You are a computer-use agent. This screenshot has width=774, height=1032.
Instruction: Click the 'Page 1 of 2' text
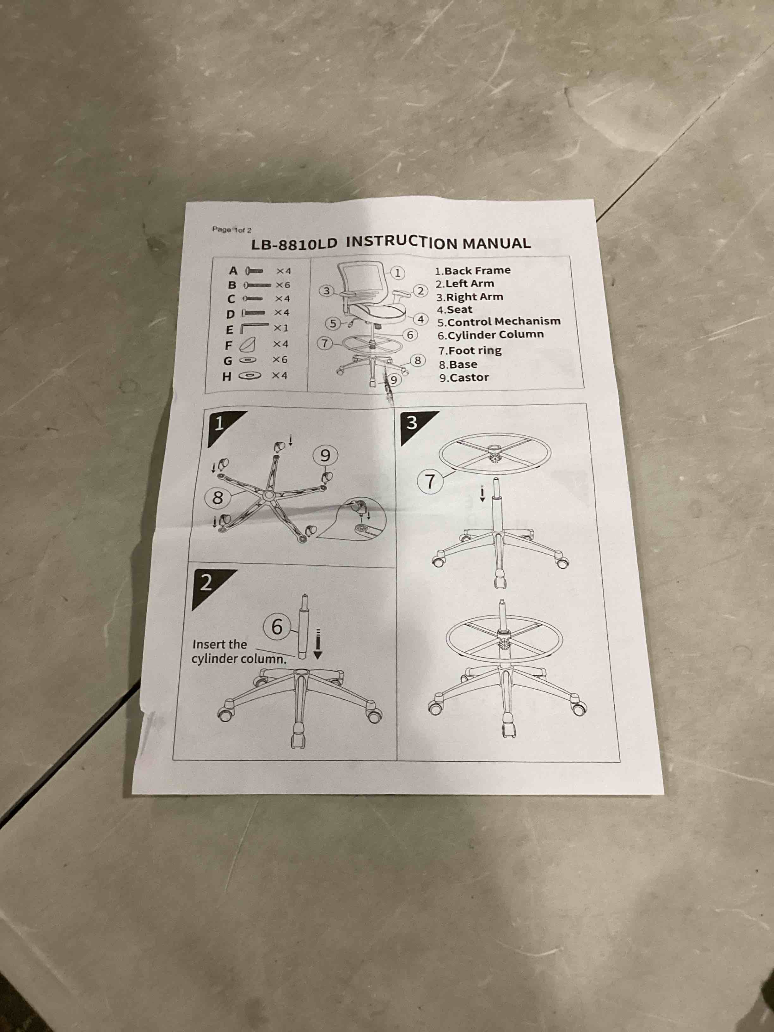pyautogui.click(x=232, y=230)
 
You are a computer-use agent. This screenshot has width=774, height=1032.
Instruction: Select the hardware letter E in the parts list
pyautogui.click(x=229, y=330)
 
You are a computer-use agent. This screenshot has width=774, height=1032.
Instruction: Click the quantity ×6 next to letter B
pyautogui.click(x=283, y=285)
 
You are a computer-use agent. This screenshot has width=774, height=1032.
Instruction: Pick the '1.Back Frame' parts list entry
pyautogui.click(x=473, y=271)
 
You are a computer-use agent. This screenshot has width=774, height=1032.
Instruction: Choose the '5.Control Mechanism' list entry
pyautogui.click(x=499, y=322)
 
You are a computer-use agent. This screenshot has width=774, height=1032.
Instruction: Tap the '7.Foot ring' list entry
pyautogui.click(x=470, y=350)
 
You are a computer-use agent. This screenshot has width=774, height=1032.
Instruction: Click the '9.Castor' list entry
pyautogui.click(x=464, y=378)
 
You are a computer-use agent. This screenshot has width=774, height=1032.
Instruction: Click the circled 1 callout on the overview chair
pyautogui.click(x=397, y=273)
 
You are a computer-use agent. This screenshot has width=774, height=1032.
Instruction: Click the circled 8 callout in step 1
pyautogui.click(x=218, y=498)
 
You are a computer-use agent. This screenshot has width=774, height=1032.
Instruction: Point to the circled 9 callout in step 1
pyautogui.click(x=325, y=455)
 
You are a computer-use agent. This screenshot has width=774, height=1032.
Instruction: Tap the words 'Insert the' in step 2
pyautogui.click(x=219, y=644)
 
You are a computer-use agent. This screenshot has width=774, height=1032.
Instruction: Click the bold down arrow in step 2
pyautogui.click(x=318, y=644)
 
